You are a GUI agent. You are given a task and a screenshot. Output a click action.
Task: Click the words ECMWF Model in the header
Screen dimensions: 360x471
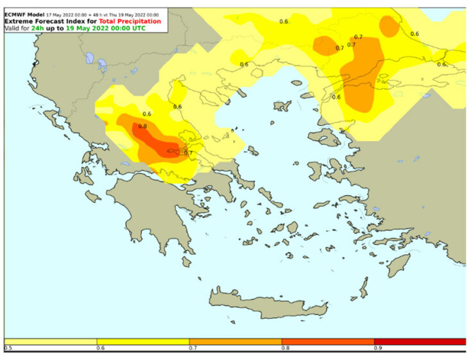pos(24,13)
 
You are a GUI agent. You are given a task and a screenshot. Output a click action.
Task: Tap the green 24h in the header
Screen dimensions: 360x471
pos(37,28)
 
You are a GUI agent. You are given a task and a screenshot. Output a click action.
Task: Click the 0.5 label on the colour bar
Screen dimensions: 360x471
pos(8,348)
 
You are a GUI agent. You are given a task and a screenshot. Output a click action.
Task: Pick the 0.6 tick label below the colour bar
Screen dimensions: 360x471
pos(100,348)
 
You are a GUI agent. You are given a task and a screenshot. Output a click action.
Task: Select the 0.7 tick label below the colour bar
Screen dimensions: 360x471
pos(193,348)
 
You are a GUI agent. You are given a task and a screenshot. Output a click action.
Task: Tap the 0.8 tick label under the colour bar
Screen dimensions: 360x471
pos(285,348)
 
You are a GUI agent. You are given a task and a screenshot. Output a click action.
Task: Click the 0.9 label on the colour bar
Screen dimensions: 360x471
pos(377,348)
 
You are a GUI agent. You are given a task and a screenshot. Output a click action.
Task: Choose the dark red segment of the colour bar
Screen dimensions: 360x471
pos(420,341)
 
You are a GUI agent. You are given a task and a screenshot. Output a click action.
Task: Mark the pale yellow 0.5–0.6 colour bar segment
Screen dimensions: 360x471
pos(51,341)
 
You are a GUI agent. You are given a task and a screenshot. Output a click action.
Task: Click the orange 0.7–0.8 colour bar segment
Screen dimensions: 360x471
pos(235,341)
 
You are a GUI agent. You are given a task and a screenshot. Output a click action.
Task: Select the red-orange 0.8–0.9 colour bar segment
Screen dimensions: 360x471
pos(328,341)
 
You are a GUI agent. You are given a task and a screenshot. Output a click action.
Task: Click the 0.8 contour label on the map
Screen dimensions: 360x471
pos(142,126)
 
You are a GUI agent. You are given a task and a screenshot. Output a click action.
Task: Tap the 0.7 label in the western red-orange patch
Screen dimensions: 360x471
pos(188,153)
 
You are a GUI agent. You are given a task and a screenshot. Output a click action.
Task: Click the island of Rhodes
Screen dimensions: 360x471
pos(400,264)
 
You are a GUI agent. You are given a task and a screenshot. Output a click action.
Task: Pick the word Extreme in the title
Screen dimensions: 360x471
pos(20,21)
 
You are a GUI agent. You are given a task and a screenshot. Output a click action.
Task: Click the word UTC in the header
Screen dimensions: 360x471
pos(135,28)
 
